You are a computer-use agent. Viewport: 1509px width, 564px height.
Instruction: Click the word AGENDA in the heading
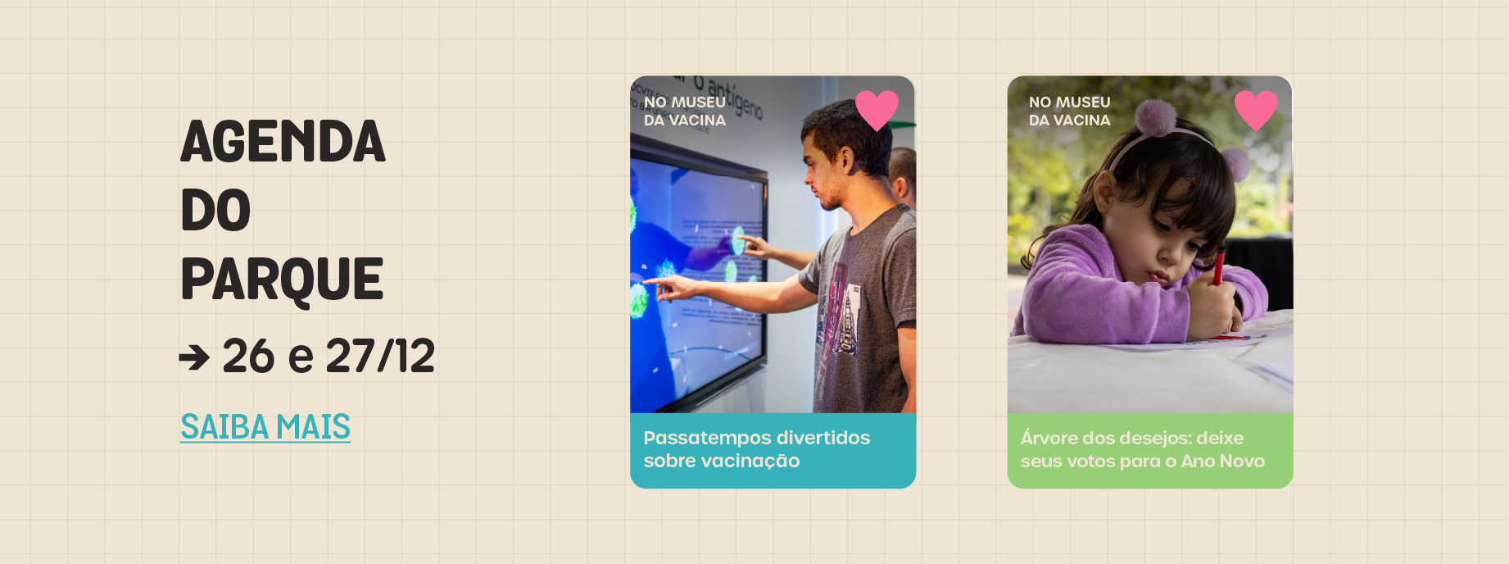point(283,142)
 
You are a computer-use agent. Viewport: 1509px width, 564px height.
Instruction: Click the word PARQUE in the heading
point(282,280)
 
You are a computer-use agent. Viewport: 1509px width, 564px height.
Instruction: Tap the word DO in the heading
point(215,211)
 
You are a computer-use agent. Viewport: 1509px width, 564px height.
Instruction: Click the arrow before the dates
point(194,357)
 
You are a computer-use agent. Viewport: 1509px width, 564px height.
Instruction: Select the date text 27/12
point(380,356)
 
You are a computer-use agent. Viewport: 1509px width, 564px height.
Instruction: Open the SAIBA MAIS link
point(265,427)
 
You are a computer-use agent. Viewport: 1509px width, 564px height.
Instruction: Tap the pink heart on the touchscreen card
point(877,109)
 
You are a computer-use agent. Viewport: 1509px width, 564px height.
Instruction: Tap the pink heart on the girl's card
point(1256,109)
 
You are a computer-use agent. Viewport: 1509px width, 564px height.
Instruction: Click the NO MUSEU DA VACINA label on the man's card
point(685,111)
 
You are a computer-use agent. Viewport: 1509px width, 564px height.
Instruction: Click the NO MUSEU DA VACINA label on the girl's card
point(1070,111)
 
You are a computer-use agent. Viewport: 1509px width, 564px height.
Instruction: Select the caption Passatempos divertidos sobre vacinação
point(756,449)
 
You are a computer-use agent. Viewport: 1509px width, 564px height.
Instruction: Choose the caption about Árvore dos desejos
point(1142,449)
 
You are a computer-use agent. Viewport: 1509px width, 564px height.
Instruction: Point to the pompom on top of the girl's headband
point(1155,118)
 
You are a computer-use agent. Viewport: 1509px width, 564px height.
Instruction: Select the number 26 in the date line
point(248,356)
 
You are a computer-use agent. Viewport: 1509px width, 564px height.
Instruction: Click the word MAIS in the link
point(313,427)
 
